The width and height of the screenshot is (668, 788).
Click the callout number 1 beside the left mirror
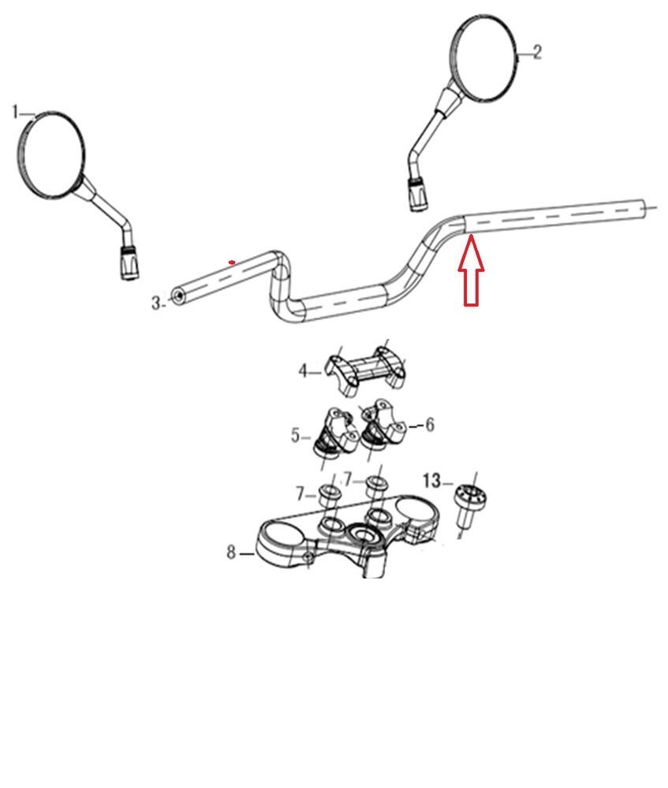pos(16,112)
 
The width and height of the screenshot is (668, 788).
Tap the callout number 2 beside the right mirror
pos(537,52)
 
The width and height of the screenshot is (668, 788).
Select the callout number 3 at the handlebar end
pos(156,303)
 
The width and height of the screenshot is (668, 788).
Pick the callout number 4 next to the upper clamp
pos(303,371)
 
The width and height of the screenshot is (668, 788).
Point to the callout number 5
pos(295,435)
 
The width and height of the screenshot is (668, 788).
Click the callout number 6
pos(430,425)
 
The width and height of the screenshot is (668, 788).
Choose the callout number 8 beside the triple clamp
pos(231,552)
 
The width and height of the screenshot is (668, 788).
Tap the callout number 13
pos(431,481)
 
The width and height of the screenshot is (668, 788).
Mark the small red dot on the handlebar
pos(232,262)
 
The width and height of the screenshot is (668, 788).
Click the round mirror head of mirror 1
pos(50,154)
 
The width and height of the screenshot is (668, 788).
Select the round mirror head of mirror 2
pos(483,58)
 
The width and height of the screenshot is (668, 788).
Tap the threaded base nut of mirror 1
pos(129,262)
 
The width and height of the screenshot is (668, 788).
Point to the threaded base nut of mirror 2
pos(417,194)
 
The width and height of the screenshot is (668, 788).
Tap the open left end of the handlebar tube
pos(177,296)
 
